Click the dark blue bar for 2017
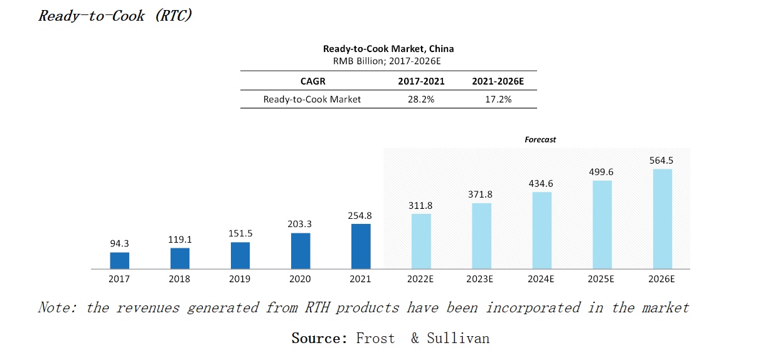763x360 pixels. (119, 261)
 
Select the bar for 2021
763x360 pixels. (361, 246)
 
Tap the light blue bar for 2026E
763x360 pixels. (663, 219)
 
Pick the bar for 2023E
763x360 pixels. (481, 236)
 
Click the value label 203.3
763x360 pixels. (301, 224)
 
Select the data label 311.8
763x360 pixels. (421, 205)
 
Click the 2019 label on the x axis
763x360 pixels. (240, 278)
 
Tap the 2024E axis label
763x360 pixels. (542, 278)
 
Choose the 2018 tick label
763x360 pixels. (179, 278)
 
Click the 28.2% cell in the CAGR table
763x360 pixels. (420, 99)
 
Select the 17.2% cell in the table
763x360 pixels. (498, 99)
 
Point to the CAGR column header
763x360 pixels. (312, 81)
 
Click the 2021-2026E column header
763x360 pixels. (498, 81)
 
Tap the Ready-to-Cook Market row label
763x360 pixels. (312, 99)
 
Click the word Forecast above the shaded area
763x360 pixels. (540, 140)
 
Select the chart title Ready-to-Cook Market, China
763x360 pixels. (388, 49)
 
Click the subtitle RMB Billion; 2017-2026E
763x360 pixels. (388, 61)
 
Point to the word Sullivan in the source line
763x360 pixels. (457, 339)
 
